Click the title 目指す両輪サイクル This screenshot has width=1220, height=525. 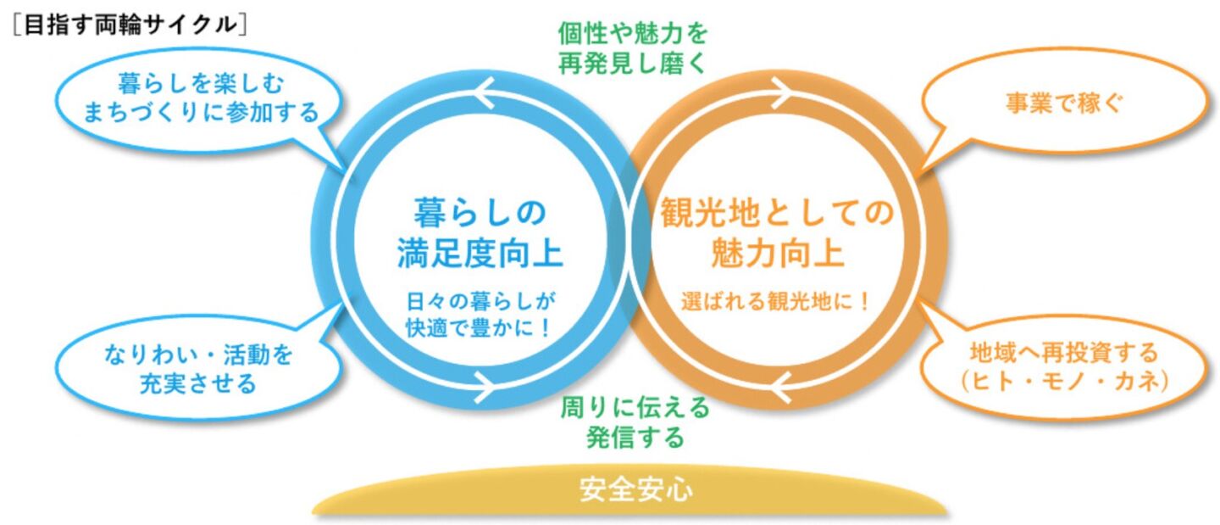coord(130,25)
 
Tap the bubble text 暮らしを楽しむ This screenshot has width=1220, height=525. coord(200,84)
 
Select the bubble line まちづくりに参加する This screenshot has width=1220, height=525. coord(200,112)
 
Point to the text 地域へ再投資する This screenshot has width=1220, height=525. coord(1062,353)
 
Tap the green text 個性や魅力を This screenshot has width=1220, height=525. coord(633,34)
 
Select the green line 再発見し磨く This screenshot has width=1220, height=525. coord(633,64)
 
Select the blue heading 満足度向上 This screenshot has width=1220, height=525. coord(480,253)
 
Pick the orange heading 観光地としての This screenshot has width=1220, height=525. coord(776,213)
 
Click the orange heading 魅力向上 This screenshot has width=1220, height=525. coord(776,253)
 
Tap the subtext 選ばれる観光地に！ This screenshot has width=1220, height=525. coord(776,301)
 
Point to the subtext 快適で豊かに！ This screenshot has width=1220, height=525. coord(480,326)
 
